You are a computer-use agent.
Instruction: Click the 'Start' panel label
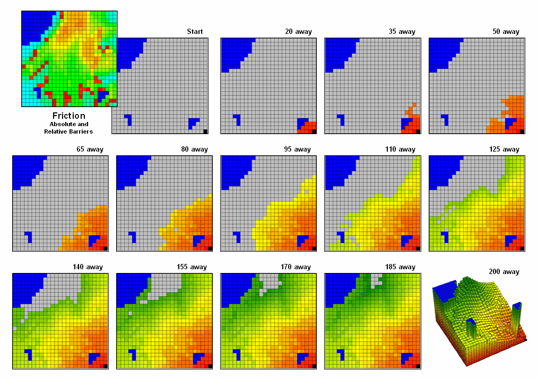[195, 32]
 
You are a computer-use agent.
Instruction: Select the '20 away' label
[298, 32]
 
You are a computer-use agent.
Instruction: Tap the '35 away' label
[402, 32]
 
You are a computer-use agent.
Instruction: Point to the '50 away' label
[506, 32]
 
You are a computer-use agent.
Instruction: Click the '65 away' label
[90, 149]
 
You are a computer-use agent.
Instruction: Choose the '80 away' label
[194, 149]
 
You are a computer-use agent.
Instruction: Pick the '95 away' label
[298, 149]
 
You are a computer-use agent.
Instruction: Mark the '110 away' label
[402, 149]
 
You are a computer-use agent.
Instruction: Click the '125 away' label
[506, 149]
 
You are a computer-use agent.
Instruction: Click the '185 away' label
[400, 267]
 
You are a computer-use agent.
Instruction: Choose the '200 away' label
[504, 272]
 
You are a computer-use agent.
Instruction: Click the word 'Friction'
[68, 116]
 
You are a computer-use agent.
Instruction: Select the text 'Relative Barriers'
[68, 131]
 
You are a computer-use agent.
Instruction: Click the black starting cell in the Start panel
[205, 131]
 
